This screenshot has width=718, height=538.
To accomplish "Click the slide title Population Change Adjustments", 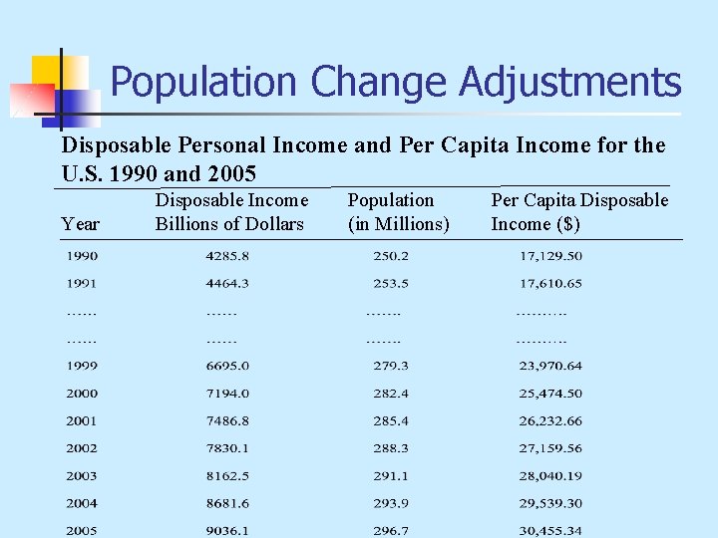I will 396,82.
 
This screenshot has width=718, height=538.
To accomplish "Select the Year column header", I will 80,224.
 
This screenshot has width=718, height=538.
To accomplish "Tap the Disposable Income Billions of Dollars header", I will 230,212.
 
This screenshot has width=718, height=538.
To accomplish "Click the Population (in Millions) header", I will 398,212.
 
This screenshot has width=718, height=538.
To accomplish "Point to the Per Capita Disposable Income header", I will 579,212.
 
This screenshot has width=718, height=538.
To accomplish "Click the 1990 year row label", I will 82,256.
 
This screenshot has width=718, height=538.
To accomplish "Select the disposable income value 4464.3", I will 227,284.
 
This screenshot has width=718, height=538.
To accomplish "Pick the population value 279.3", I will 390,366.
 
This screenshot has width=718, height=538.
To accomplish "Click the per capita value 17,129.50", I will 550,256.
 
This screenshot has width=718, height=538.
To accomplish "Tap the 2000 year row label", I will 82,394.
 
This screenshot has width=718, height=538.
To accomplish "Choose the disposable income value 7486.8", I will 227,421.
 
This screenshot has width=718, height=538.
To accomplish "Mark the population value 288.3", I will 390,448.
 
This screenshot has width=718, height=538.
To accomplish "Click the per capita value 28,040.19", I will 550,476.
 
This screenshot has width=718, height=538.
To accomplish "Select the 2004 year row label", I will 82,503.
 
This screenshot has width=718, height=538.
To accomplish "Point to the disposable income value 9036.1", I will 227,530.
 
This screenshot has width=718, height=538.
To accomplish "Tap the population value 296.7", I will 390,530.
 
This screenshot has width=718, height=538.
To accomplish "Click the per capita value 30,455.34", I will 550,530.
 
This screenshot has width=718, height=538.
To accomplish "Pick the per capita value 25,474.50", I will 550,394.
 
